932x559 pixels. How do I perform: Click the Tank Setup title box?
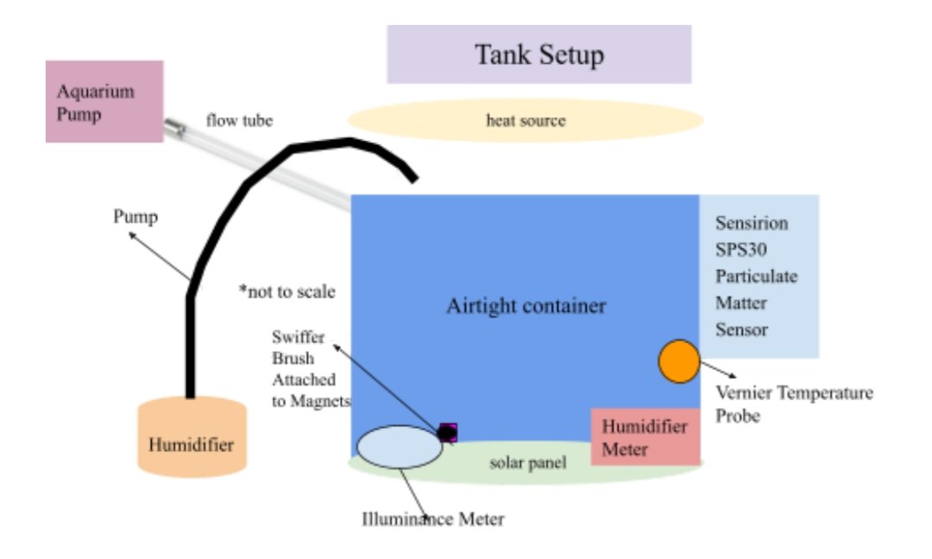click(x=538, y=54)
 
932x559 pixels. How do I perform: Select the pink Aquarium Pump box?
click(x=104, y=101)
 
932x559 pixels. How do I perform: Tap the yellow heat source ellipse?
click(x=525, y=121)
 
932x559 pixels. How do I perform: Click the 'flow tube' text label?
click(x=239, y=121)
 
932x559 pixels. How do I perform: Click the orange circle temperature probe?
click(x=679, y=361)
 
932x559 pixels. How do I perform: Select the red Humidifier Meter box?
click(x=645, y=437)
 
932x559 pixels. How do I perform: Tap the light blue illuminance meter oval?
click(x=400, y=446)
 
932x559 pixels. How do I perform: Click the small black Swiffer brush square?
click(x=447, y=432)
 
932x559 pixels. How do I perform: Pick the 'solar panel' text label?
click(x=527, y=463)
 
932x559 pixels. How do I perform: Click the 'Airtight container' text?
click(x=526, y=306)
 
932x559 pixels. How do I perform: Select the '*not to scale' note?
click(x=287, y=291)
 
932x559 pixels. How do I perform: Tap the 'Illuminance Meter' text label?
click(x=432, y=519)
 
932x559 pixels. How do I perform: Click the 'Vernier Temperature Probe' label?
click(x=794, y=404)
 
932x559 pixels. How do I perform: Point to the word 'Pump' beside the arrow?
click(x=135, y=217)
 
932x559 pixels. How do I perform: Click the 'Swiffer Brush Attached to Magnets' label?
click(x=302, y=369)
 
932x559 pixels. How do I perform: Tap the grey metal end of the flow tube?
click(x=176, y=129)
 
